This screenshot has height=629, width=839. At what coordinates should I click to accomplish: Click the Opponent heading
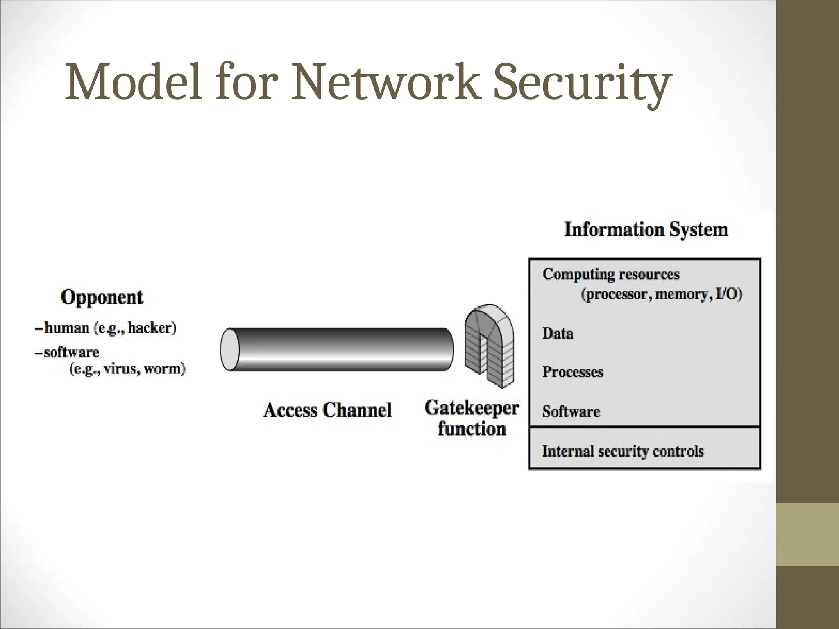click(x=102, y=297)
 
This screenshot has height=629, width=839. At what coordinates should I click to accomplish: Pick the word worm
click(x=163, y=369)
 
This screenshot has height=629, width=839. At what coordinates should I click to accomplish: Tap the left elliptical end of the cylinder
click(x=229, y=349)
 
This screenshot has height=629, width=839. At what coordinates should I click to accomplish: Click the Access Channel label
click(x=327, y=410)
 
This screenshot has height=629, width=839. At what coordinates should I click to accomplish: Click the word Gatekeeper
click(x=472, y=408)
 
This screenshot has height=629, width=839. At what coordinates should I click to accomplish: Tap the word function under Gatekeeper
click(x=472, y=429)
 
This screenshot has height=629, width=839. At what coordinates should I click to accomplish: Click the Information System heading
click(x=646, y=229)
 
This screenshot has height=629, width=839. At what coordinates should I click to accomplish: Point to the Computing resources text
click(x=610, y=274)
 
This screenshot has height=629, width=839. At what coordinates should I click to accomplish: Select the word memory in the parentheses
click(x=681, y=294)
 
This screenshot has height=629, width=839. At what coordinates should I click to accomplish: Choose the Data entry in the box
click(x=558, y=333)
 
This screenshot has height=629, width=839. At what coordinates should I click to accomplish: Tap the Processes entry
click(x=572, y=372)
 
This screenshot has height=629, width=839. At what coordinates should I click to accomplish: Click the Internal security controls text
click(x=623, y=451)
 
